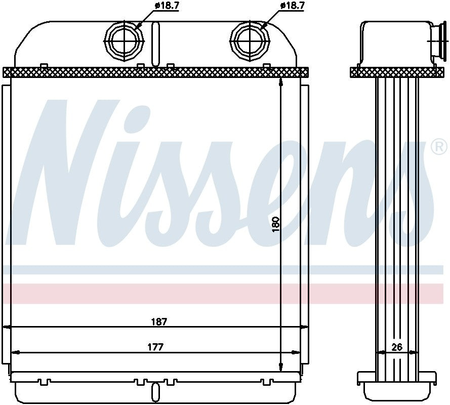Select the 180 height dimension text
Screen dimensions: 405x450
click(x=276, y=224)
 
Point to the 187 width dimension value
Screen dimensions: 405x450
click(x=158, y=321)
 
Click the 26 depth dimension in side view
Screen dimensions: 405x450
click(x=397, y=347)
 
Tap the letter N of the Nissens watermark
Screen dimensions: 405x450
click(x=71, y=172)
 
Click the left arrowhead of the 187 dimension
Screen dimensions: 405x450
click(x=6, y=327)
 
